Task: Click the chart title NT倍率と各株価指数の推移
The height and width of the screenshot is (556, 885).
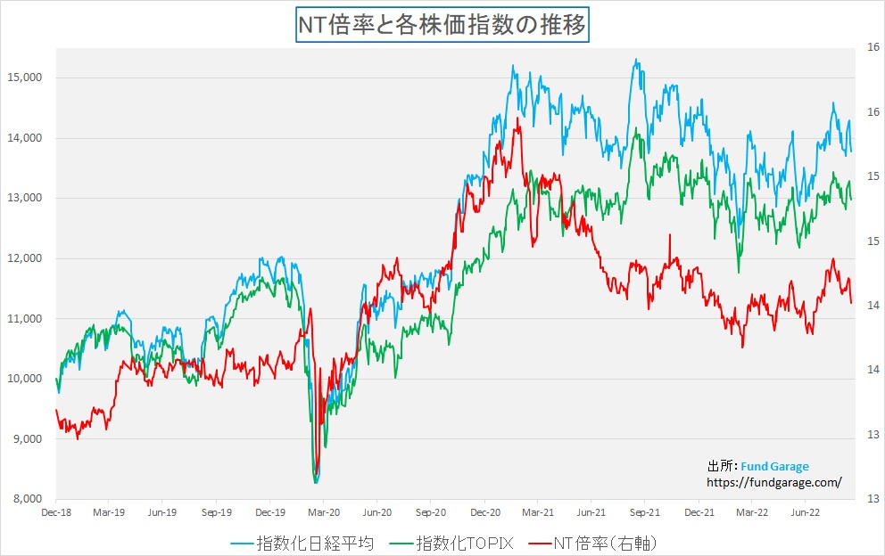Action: (x=442, y=24)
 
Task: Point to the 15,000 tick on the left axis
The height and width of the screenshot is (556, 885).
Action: (x=25, y=78)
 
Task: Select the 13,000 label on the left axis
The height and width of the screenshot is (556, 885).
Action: (x=25, y=198)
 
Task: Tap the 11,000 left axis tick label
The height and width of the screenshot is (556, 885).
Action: (x=25, y=318)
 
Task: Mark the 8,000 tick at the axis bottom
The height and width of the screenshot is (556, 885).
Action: (x=27, y=498)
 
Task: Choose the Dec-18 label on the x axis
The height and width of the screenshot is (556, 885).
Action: (x=56, y=513)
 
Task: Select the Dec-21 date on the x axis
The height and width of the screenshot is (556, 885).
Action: (x=699, y=513)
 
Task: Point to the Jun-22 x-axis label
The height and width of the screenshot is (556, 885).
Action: (x=806, y=513)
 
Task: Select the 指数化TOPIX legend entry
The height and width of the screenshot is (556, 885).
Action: (x=458, y=542)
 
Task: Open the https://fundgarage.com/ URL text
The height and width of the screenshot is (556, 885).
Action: (x=773, y=482)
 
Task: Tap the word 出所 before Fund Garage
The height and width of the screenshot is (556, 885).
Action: (x=718, y=466)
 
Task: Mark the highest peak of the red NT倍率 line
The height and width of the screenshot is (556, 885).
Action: (x=517, y=119)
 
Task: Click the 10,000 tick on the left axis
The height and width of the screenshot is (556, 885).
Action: (x=25, y=379)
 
